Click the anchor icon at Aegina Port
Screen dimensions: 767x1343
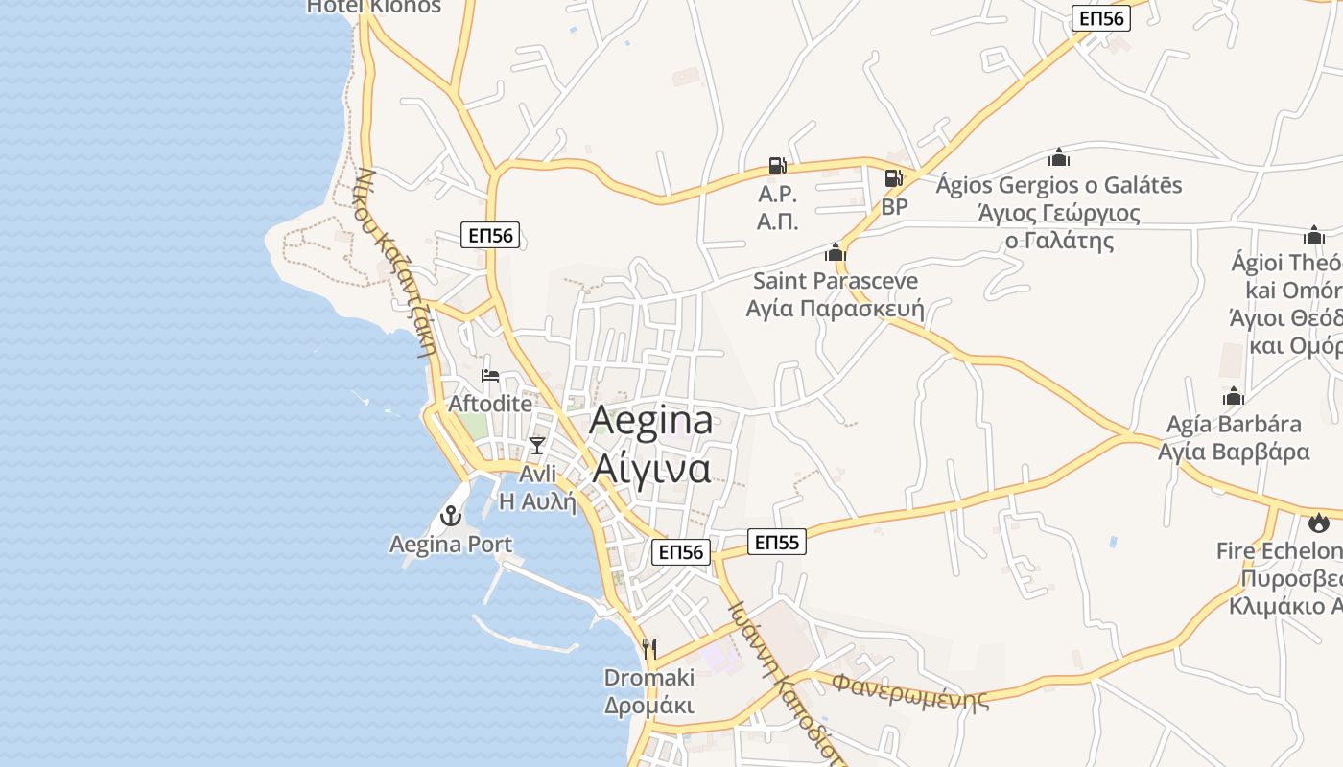tap(450, 517)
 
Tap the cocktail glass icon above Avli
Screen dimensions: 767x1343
tap(537, 446)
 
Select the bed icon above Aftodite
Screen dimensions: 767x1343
tap(490, 376)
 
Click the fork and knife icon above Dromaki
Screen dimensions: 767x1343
tap(649, 649)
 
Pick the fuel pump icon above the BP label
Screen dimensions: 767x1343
tap(893, 178)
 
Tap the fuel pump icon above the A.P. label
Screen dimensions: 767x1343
tap(777, 166)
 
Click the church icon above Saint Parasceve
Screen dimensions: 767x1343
tap(836, 252)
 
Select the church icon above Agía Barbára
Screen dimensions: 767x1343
tap(1234, 396)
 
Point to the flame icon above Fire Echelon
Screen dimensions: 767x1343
tap(1319, 523)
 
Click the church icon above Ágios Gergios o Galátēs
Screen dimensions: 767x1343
tap(1059, 156)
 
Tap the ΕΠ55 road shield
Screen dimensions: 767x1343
tap(777, 543)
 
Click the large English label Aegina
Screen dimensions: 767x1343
tap(651, 422)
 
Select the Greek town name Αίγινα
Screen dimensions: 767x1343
tap(651, 469)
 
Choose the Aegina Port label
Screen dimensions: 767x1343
tap(451, 545)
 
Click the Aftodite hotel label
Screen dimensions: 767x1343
tap(490, 404)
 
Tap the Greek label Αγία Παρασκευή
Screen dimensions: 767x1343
tap(836, 309)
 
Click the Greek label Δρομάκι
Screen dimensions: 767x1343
tap(649, 706)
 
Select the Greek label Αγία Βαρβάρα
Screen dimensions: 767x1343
tap(1234, 452)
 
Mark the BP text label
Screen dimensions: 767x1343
tap(894, 206)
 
